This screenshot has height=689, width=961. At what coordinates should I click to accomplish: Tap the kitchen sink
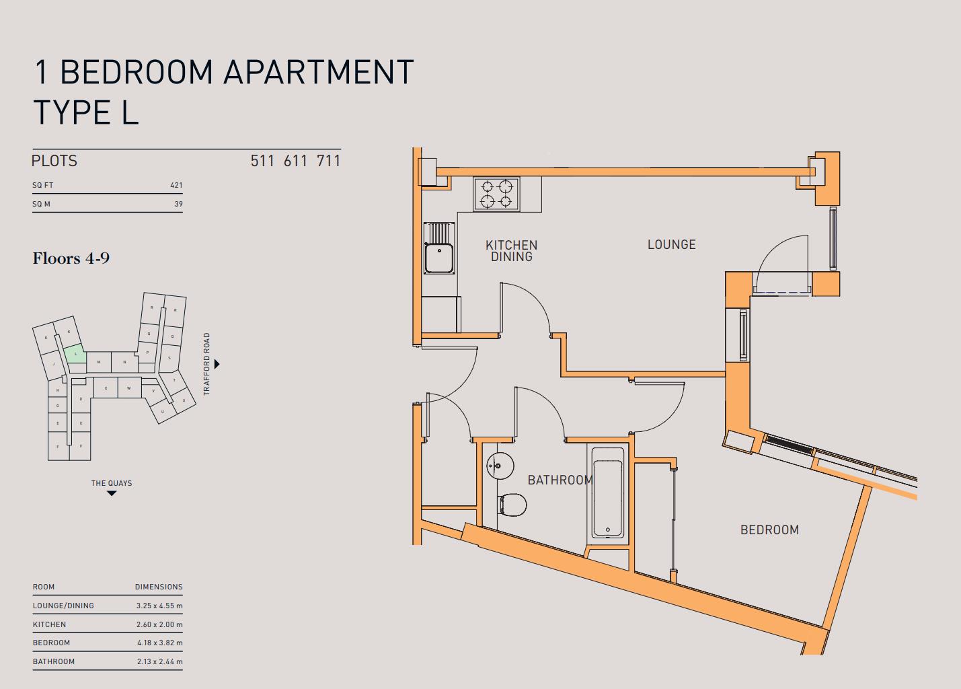[x=439, y=258]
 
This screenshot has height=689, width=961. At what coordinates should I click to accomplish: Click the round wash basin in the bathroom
[x=500, y=465]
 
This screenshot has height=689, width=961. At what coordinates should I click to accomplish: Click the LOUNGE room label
[x=671, y=245]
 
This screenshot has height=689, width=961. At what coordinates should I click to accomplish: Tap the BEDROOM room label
[x=769, y=530]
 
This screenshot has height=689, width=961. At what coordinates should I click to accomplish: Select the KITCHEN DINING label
[x=511, y=251]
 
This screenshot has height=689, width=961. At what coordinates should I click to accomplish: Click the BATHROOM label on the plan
[x=560, y=480]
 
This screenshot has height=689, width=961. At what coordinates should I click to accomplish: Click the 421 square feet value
[x=176, y=185]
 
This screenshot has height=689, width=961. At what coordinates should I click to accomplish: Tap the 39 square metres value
[x=178, y=204]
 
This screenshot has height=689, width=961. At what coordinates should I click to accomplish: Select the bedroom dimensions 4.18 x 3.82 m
[x=159, y=643]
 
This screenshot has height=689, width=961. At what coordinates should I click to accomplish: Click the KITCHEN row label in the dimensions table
[x=49, y=624]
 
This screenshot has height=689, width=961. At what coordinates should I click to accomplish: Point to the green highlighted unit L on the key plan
[x=75, y=354]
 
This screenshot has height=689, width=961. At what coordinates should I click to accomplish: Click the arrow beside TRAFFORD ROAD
[x=217, y=364]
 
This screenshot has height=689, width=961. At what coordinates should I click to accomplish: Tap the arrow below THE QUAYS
[x=112, y=494]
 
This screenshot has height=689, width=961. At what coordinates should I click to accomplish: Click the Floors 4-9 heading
[x=71, y=258]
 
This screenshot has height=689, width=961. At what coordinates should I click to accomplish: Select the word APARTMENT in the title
[x=318, y=72]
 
